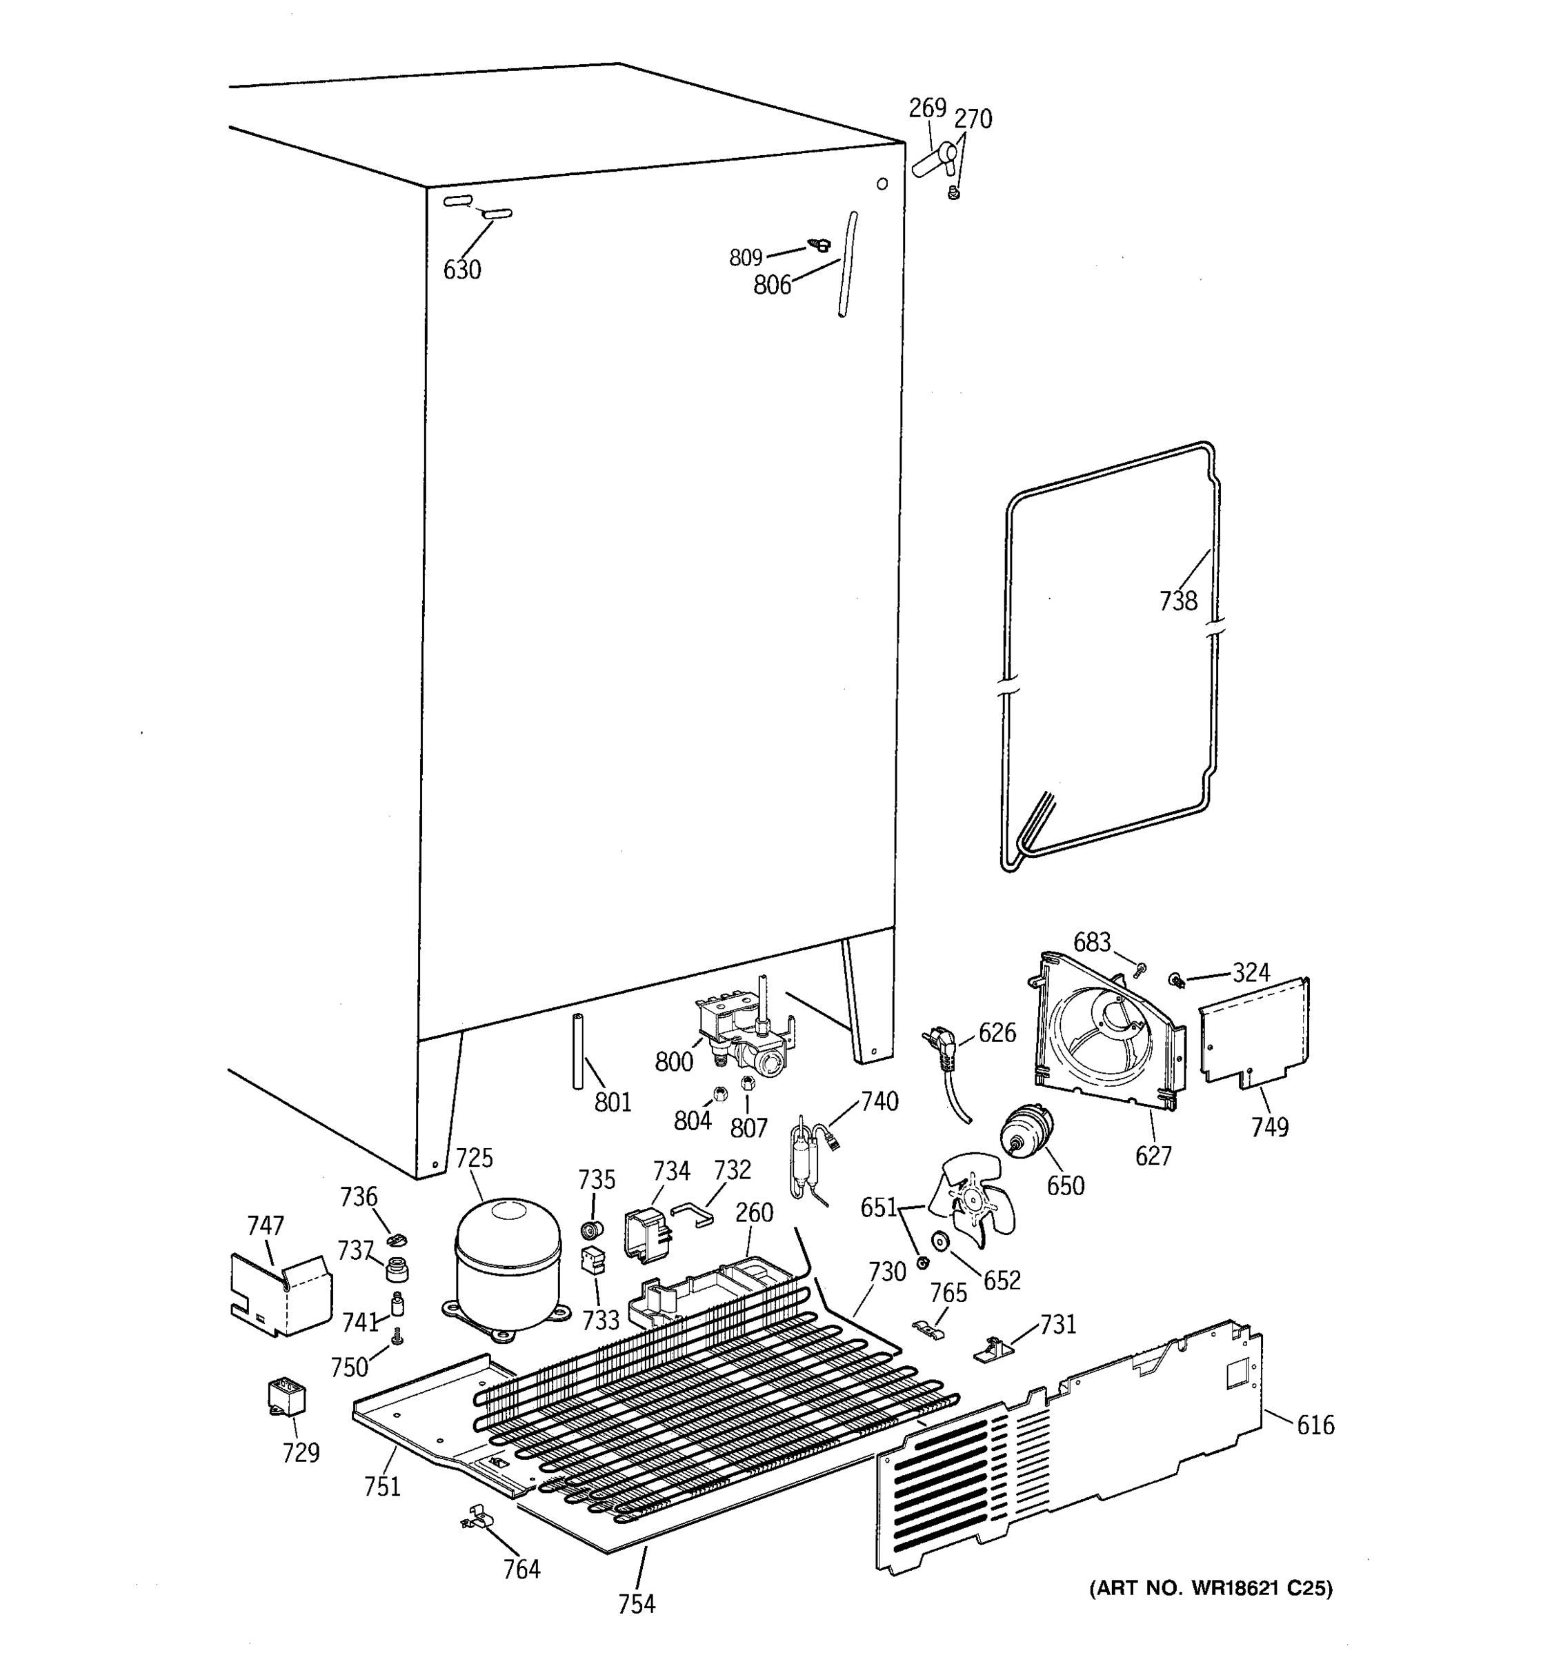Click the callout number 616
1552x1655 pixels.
click(x=1315, y=1426)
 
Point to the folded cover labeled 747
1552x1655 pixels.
click(x=280, y=1294)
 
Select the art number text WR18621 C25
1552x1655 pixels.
click(x=1211, y=1588)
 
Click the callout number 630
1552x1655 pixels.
click(x=461, y=270)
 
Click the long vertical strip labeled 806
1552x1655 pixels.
click(x=847, y=265)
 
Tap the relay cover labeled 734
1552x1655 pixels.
click(x=646, y=1234)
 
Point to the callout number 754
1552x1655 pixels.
click(x=636, y=1603)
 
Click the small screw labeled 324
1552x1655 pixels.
click(x=1177, y=981)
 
